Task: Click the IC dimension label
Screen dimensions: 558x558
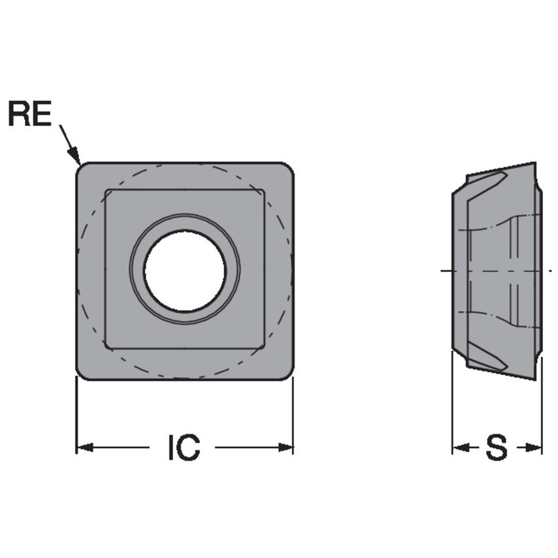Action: pos(184,448)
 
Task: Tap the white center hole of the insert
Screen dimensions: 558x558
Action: pos(185,271)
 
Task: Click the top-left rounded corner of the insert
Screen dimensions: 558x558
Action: pos(82,168)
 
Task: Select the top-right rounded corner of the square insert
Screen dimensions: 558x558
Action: pos(287,168)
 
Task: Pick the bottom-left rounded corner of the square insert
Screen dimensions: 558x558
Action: pos(82,374)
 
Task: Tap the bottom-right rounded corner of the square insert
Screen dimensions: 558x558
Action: pos(287,374)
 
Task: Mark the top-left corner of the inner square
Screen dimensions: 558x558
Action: pos(107,191)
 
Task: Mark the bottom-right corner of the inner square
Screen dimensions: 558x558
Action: pos(263,348)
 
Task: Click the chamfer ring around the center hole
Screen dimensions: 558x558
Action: pos(185,221)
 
